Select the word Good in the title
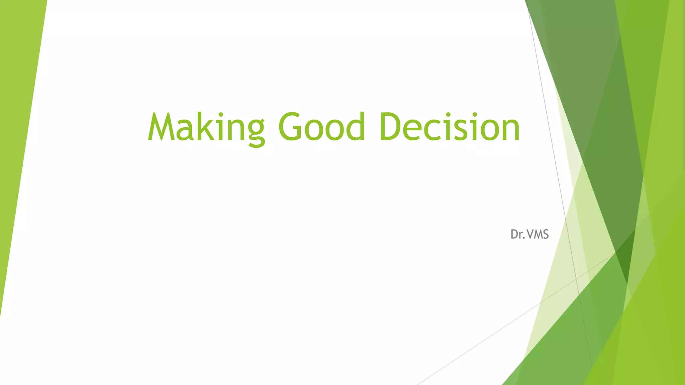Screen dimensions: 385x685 click(321, 127)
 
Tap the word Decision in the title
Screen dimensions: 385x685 click(450, 127)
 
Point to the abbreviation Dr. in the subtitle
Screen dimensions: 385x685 click(517, 235)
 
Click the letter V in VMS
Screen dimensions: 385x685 click(530, 235)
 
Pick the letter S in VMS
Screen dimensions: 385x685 click(546, 235)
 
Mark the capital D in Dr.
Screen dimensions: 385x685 click(514, 235)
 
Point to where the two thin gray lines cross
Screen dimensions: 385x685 click(576, 278)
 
